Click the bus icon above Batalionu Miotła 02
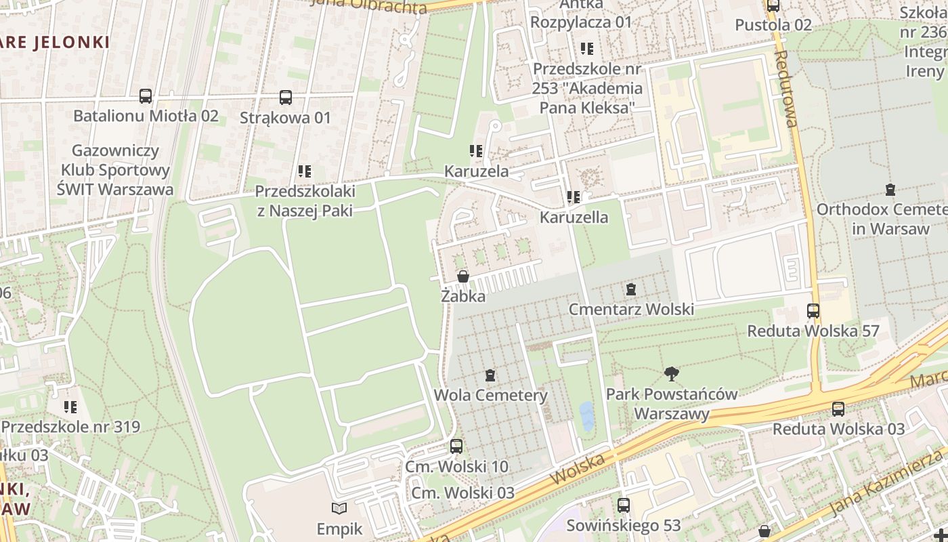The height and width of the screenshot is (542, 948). point(146,96)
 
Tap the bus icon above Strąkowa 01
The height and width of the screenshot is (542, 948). point(286,98)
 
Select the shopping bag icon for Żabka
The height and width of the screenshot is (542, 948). point(463,276)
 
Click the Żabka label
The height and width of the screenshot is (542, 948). point(463,296)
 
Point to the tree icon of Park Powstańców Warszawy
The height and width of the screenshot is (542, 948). point(671,373)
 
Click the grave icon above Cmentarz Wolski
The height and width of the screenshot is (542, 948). point(631,289)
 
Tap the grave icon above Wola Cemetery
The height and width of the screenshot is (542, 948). point(490,375)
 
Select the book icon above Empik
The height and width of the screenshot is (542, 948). point(339,508)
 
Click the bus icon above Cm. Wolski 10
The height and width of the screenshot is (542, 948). point(456,446)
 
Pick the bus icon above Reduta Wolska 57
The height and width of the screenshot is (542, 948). point(813,311)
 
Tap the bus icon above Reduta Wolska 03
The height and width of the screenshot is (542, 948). point(838,409)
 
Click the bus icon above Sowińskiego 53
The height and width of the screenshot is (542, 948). point(624,505)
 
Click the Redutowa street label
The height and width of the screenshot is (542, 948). point(786,88)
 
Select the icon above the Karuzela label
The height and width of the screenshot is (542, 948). point(476,151)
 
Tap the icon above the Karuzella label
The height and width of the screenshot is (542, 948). point(574,197)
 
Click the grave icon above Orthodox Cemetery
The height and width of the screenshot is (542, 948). point(890,190)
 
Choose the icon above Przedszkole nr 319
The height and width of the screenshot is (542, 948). point(70,407)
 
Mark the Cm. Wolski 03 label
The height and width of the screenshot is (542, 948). point(462,493)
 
